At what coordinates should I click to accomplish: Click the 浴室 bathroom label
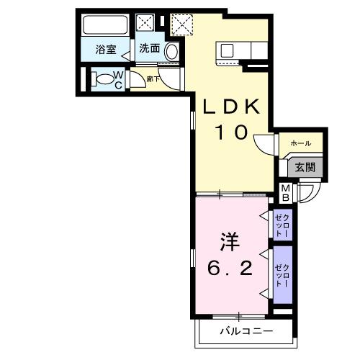107,50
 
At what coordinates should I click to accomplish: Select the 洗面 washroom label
149,50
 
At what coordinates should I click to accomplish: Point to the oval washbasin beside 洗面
171,50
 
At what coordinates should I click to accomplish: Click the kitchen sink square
226,50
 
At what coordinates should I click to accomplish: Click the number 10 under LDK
231,132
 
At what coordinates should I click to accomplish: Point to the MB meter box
285,192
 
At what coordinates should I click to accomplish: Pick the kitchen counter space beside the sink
252,50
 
